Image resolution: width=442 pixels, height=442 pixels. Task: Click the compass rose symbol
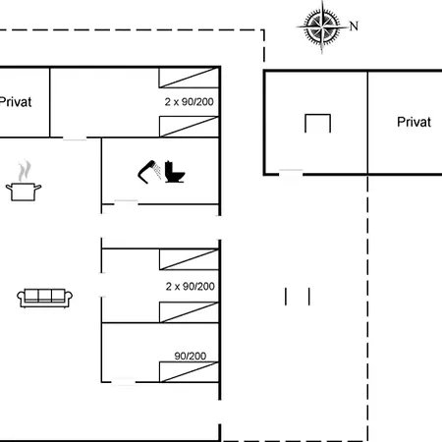(322, 27)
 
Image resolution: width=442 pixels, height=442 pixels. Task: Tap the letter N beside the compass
(354, 27)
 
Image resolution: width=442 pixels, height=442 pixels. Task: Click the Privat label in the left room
(16, 102)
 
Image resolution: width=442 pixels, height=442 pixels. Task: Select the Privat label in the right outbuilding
(414, 122)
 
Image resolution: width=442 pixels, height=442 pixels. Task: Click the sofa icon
(44, 298)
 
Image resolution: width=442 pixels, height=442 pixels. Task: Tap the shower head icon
(149, 172)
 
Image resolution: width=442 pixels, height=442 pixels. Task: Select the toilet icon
(174, 172)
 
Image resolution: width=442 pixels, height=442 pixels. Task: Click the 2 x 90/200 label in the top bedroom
(190, 102)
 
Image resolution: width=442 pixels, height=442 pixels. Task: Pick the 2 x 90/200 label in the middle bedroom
(191, 287)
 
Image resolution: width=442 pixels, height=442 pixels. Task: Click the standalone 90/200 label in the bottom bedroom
(191, 356)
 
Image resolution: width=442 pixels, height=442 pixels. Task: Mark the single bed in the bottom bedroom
(189, 372)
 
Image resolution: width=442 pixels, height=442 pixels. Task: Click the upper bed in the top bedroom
(189, 78)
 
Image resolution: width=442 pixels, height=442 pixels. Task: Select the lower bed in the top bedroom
(189, 127)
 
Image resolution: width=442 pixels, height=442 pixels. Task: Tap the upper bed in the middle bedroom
(189, 259)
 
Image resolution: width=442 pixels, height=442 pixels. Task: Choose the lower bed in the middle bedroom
(189, 312)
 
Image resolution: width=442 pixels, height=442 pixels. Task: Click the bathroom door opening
(126, 203)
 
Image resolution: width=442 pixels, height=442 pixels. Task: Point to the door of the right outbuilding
(291, 174)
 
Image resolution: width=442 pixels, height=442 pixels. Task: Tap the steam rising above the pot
(25, 171)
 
